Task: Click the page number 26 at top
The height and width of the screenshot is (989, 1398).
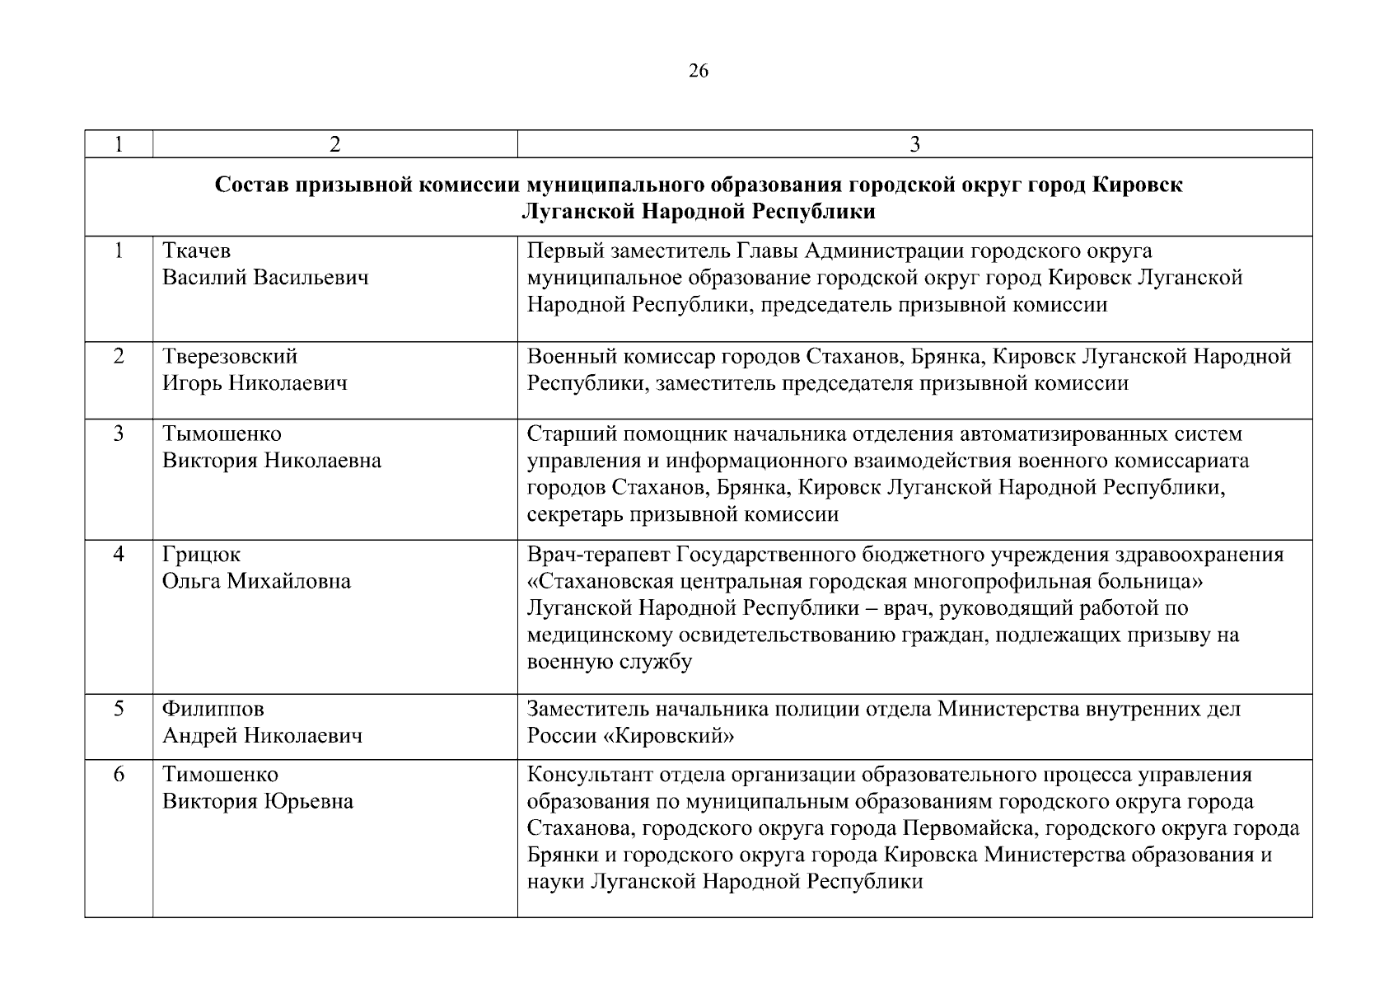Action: (698, 71)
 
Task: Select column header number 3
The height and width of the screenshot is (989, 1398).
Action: (914, 144)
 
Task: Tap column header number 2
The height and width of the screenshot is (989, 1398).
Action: (334, 144)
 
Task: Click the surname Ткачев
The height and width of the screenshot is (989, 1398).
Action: (196, 251)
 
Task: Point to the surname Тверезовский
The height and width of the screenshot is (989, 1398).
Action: (230, 357)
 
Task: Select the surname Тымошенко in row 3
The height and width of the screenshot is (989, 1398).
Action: (222, 434)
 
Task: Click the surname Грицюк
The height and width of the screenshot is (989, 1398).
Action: (201, 555)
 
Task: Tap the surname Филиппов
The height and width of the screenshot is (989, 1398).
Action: (213, 709)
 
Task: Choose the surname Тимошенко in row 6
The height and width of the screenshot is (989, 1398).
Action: (220, 775)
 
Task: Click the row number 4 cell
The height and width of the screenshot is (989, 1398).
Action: (119, 555)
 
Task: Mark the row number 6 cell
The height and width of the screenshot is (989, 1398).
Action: (119, 775)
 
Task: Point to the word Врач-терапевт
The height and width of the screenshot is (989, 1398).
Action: (599, 555)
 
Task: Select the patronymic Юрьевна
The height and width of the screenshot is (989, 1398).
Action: (308, 802)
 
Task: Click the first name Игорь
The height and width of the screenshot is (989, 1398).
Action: (192, 384)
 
